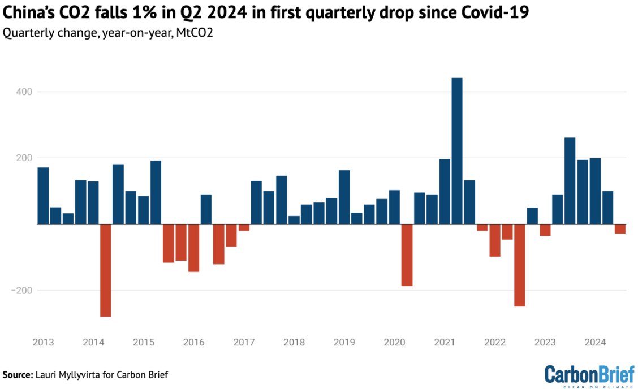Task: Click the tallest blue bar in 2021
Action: click(457, 151)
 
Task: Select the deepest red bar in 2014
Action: click(105, 270)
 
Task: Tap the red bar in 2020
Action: click(407, 255)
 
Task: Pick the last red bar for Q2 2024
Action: click(620, 229)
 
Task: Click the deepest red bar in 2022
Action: click(519, 265)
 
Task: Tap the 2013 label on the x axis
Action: click(43, 343)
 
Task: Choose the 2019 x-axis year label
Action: click(344, 343)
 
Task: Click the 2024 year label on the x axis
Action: click(595, 343)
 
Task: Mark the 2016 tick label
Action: click(193, 343)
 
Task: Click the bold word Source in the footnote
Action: click(17, 375)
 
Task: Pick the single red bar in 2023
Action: click(545, 230)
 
